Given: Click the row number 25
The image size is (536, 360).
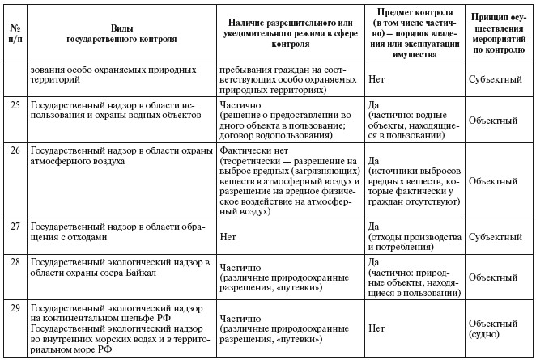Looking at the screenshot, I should coord(14,105).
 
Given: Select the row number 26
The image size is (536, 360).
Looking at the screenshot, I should coord(14,150).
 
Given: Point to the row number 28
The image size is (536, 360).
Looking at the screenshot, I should coord(14,263).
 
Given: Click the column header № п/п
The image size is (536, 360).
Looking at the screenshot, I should coord(14,32).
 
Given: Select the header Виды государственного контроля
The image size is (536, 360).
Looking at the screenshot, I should coord(119,32).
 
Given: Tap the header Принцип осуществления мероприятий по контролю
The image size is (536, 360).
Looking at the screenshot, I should coord(500,32).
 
